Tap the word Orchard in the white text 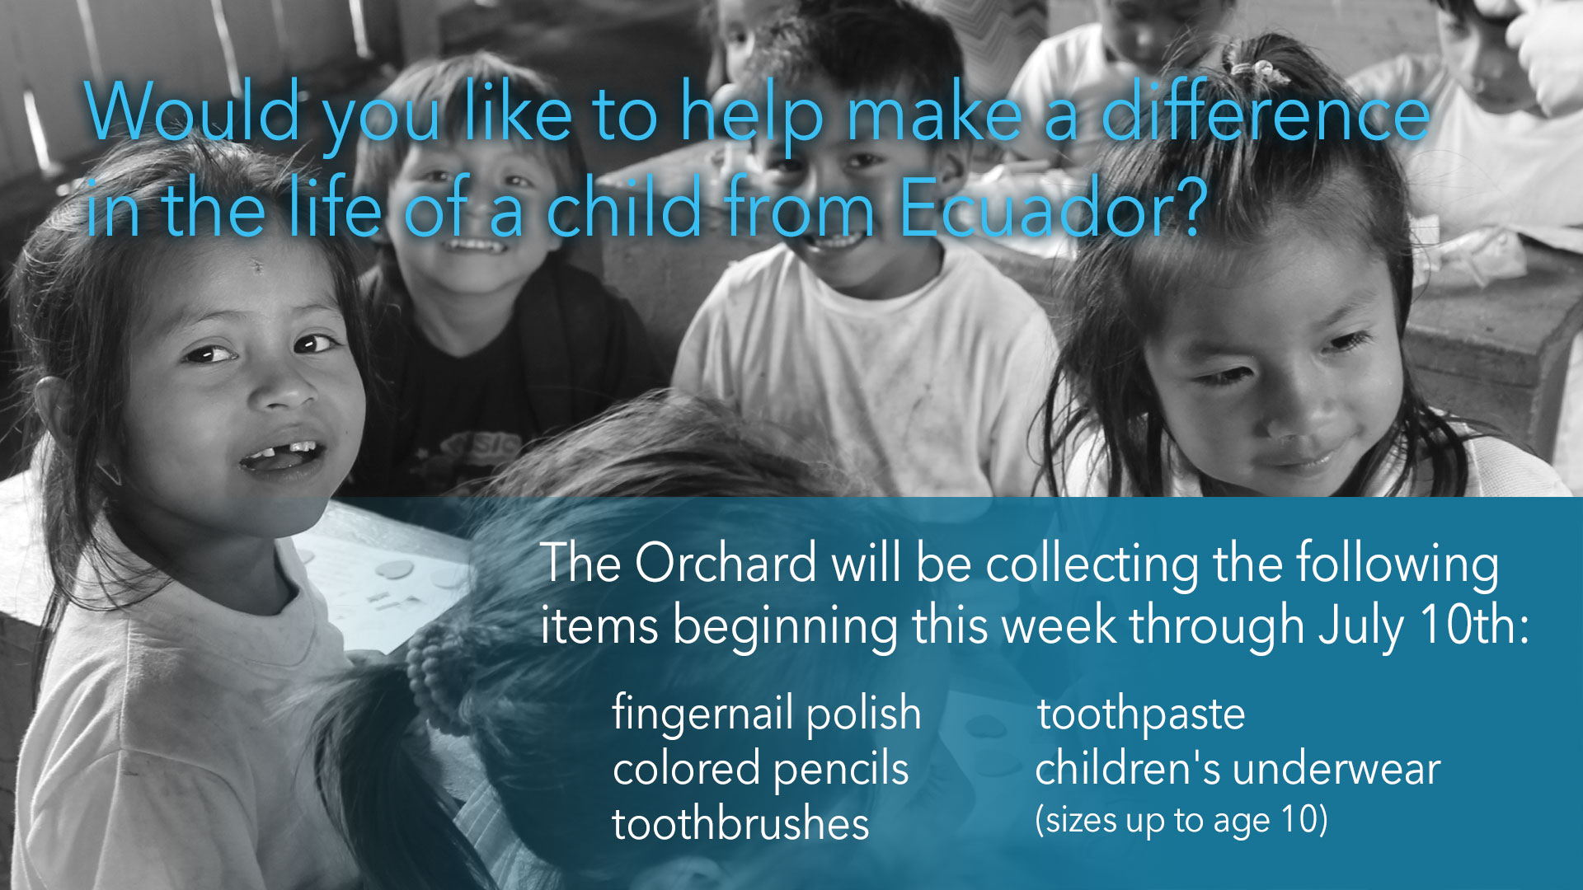726,564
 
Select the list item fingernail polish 766,714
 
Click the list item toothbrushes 740,824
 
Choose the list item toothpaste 1141,715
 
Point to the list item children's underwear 1238,770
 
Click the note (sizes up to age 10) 1181,821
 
